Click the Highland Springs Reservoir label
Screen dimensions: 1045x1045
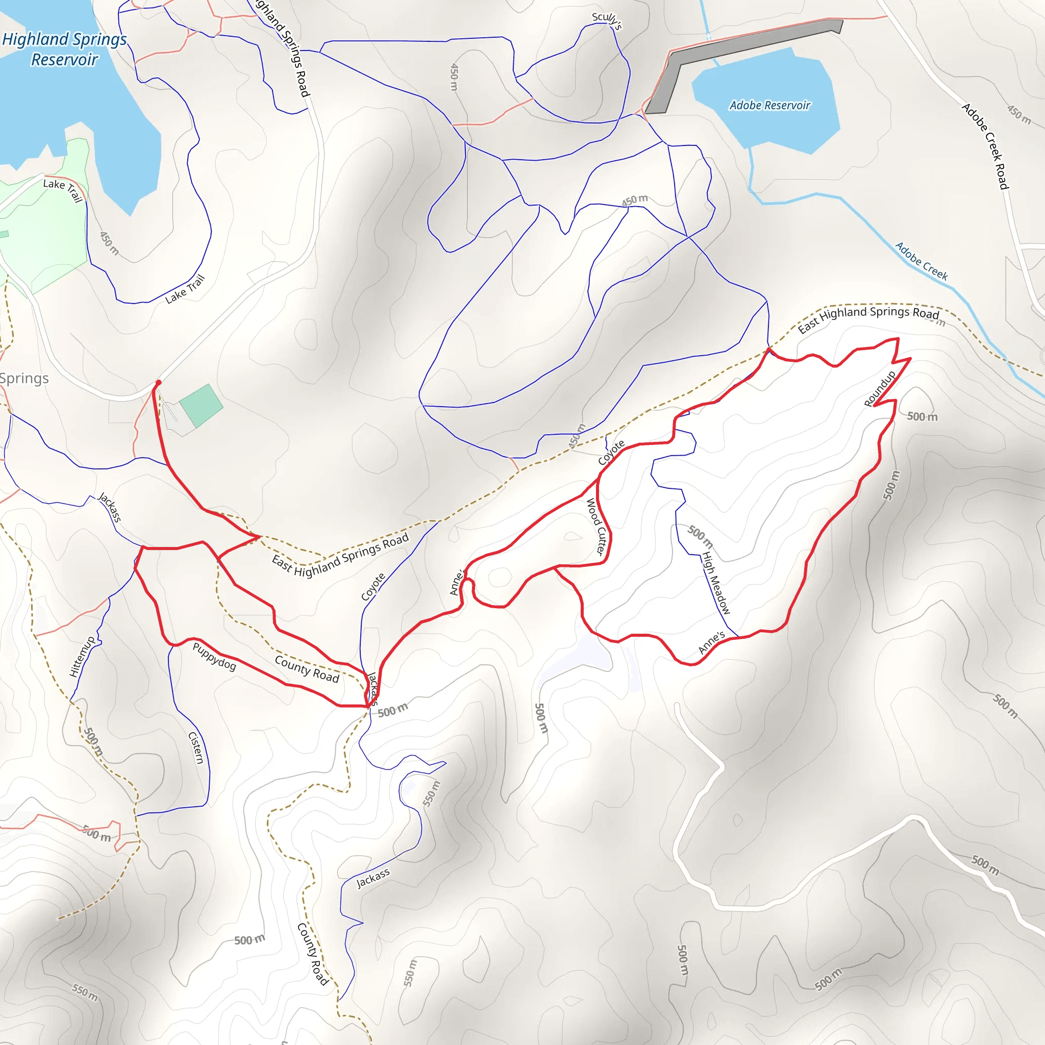pyautogui.click(x=64, y=49)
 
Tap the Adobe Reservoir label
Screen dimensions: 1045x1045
pyautogui.click(x=769, y=106)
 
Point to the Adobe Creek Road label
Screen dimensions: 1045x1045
pyautogui.click(x=985, y=146)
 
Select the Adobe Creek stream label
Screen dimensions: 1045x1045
pyautogui.click(x=921, y=261)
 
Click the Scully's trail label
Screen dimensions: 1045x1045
pyautogui.click(x=606, y=20)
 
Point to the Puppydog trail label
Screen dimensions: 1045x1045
pyautogui.click(x=214, y=657)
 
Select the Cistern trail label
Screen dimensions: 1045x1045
pyautogui.click(x=196, y=748)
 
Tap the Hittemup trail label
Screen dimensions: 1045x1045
pyautogui.click(x=82, y=657)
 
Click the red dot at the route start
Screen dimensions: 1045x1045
pyautogui.click(x=159, y=383)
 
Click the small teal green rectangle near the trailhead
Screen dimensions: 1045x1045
pyautogui.click(x=201, y=406)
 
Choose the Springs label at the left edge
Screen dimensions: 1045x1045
pyautogui.click(x=24, y=378)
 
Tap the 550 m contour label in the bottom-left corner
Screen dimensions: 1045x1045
pyautogui.click(x=85, y=992)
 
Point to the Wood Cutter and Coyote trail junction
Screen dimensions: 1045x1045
pyautogui.click(x=598, y=479)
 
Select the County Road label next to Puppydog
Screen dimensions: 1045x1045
pyautogui.click(x=307, y=669)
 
